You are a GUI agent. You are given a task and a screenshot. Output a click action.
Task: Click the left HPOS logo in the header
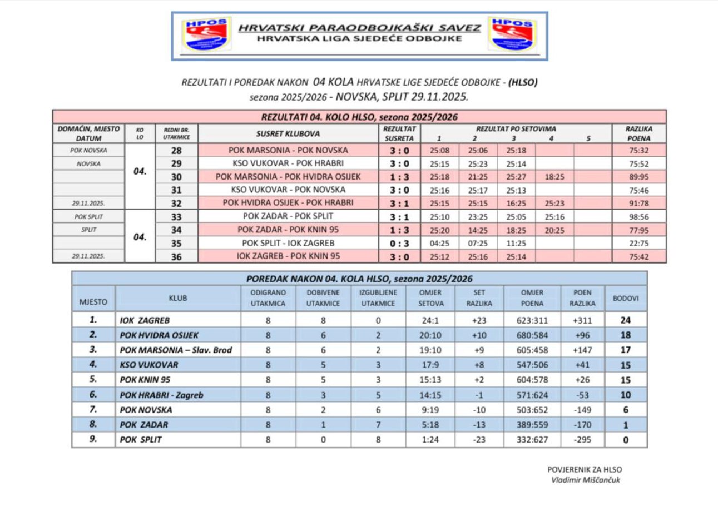[x=207, y=34]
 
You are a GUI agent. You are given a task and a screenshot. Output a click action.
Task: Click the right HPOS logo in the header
[x=512, y=34]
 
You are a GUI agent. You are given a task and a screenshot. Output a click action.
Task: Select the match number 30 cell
[x=176, y=177]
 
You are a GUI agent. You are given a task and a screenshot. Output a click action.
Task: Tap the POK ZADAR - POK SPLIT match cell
[x=288, y=216]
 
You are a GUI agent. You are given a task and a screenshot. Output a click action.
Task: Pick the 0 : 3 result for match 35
[x=399, y=243]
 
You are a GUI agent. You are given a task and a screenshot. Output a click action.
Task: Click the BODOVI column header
[x=626, y=299]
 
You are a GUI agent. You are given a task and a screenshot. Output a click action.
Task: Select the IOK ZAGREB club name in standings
[x=145, y=320]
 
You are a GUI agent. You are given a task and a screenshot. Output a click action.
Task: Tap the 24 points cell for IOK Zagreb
[x=626, y=320]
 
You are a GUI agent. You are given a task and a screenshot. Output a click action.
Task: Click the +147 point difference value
[x=582, y=350]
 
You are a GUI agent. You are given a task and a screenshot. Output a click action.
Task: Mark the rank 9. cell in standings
[x=93, y=439]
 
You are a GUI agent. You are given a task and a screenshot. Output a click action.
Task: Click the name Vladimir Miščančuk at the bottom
[x=585, y=480]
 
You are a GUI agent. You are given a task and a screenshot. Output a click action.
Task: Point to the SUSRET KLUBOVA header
[x=288, y=134]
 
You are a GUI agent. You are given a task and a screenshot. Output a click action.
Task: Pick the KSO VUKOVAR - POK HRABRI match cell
[x=288, y=163]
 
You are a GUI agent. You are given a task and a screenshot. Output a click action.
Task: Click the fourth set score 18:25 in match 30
[x=554, y=177]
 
